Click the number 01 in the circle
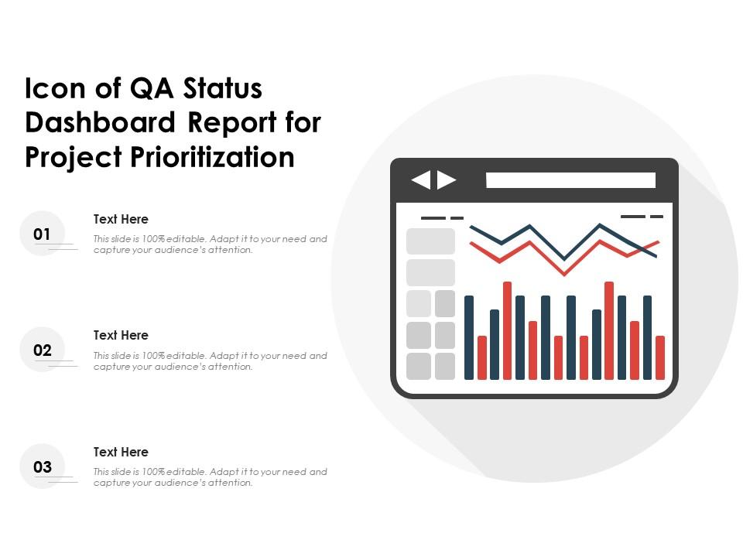click(x=42, y=234)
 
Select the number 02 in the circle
click(x=42, y=350)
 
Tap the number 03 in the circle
click(x=42, y=467)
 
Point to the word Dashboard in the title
click(x=101, y=123)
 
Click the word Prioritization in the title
click(x=212, y=157)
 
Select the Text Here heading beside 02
click(x=121, y=335)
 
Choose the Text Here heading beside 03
click(x=121, y=452)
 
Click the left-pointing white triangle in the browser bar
click(x=421, y=180)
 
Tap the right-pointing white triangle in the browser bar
click(x=447, y=180)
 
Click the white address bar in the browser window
click(x=570, y=180)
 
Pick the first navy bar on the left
click(x=469, y=338)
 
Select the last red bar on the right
click(x=660, y=357)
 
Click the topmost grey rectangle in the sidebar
click(x=431, y=241)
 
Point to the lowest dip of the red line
click(x=564, y=274)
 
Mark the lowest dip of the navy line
click(x=564, y=258)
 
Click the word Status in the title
click(x=222, y=88)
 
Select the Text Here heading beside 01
click(x=121, y=219)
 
